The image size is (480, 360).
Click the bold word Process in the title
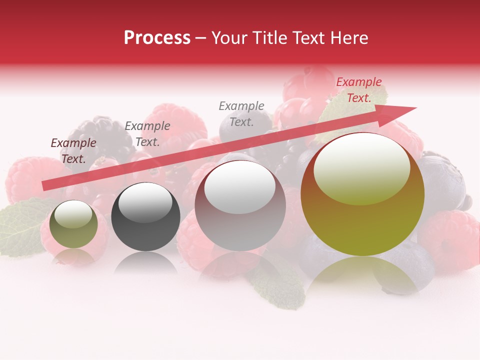157,38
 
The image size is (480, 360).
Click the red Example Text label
358,90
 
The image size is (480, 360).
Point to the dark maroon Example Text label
73,150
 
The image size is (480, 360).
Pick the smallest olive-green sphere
73,224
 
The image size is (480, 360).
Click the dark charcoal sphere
145,217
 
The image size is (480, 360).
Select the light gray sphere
240,205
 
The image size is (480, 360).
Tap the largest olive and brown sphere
362,194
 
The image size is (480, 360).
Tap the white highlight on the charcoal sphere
145,202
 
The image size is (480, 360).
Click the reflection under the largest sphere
362,272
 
